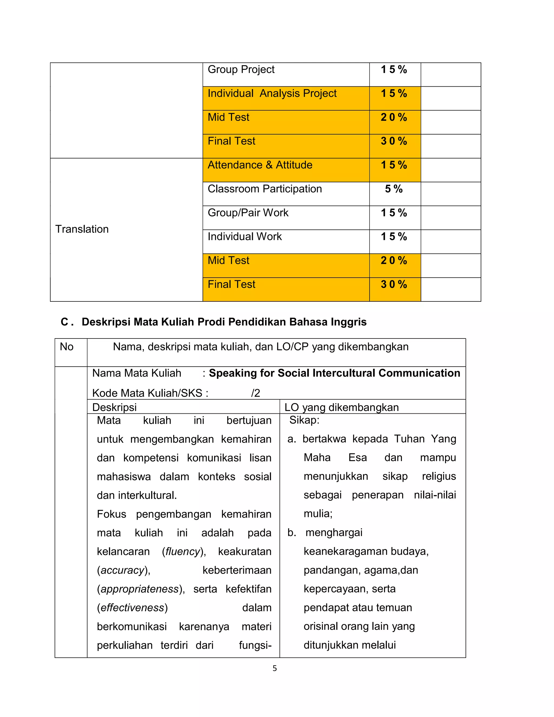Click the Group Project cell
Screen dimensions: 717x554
241,70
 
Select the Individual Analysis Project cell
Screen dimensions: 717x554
272,94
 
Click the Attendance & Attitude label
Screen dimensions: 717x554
260,165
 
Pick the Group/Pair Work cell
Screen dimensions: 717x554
248,213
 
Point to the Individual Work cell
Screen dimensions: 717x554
245,236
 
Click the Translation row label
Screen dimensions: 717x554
82,229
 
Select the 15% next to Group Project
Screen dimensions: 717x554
394,70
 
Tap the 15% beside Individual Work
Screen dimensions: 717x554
394,236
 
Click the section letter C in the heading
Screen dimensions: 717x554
65,322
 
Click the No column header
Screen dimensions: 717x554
67,347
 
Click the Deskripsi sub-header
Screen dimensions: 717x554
114,407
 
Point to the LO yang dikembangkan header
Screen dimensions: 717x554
341,407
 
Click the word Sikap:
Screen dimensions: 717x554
304,420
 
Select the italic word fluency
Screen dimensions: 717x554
183,551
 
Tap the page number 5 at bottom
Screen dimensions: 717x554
275,668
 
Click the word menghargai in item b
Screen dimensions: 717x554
334,532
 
